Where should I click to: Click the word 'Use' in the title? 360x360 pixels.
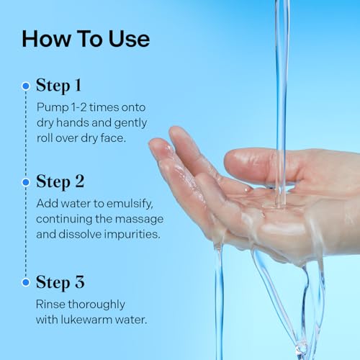pos(129,39)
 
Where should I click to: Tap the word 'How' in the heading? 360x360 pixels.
pos(46,39)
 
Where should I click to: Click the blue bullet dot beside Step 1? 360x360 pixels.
pos(26,86)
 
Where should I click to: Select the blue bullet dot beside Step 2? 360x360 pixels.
pos(26,182)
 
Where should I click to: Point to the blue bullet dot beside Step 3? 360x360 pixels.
pos(26,282)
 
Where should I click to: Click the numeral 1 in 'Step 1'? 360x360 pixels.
pos(78,85)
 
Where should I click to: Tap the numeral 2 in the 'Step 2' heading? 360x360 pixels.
pos(80,181)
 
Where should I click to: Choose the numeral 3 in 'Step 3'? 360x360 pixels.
pos(80,282)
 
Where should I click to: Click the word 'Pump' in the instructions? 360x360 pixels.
pos(53,108)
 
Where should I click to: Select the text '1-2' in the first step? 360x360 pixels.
pos(79,107)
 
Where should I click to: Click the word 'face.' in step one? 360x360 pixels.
pos(113,138)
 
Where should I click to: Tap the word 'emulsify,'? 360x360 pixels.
pos(130,204)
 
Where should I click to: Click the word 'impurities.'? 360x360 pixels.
pos(132,235)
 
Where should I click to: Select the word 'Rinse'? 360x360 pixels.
pos(50,305)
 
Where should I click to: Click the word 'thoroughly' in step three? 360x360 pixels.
pos(96,305)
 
